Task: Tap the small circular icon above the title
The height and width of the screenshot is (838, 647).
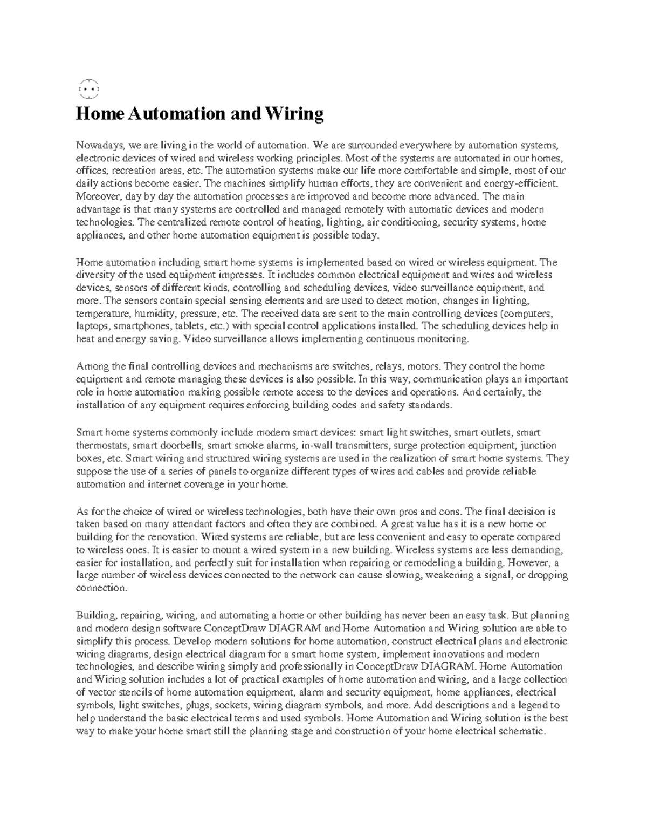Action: [88, 88]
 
